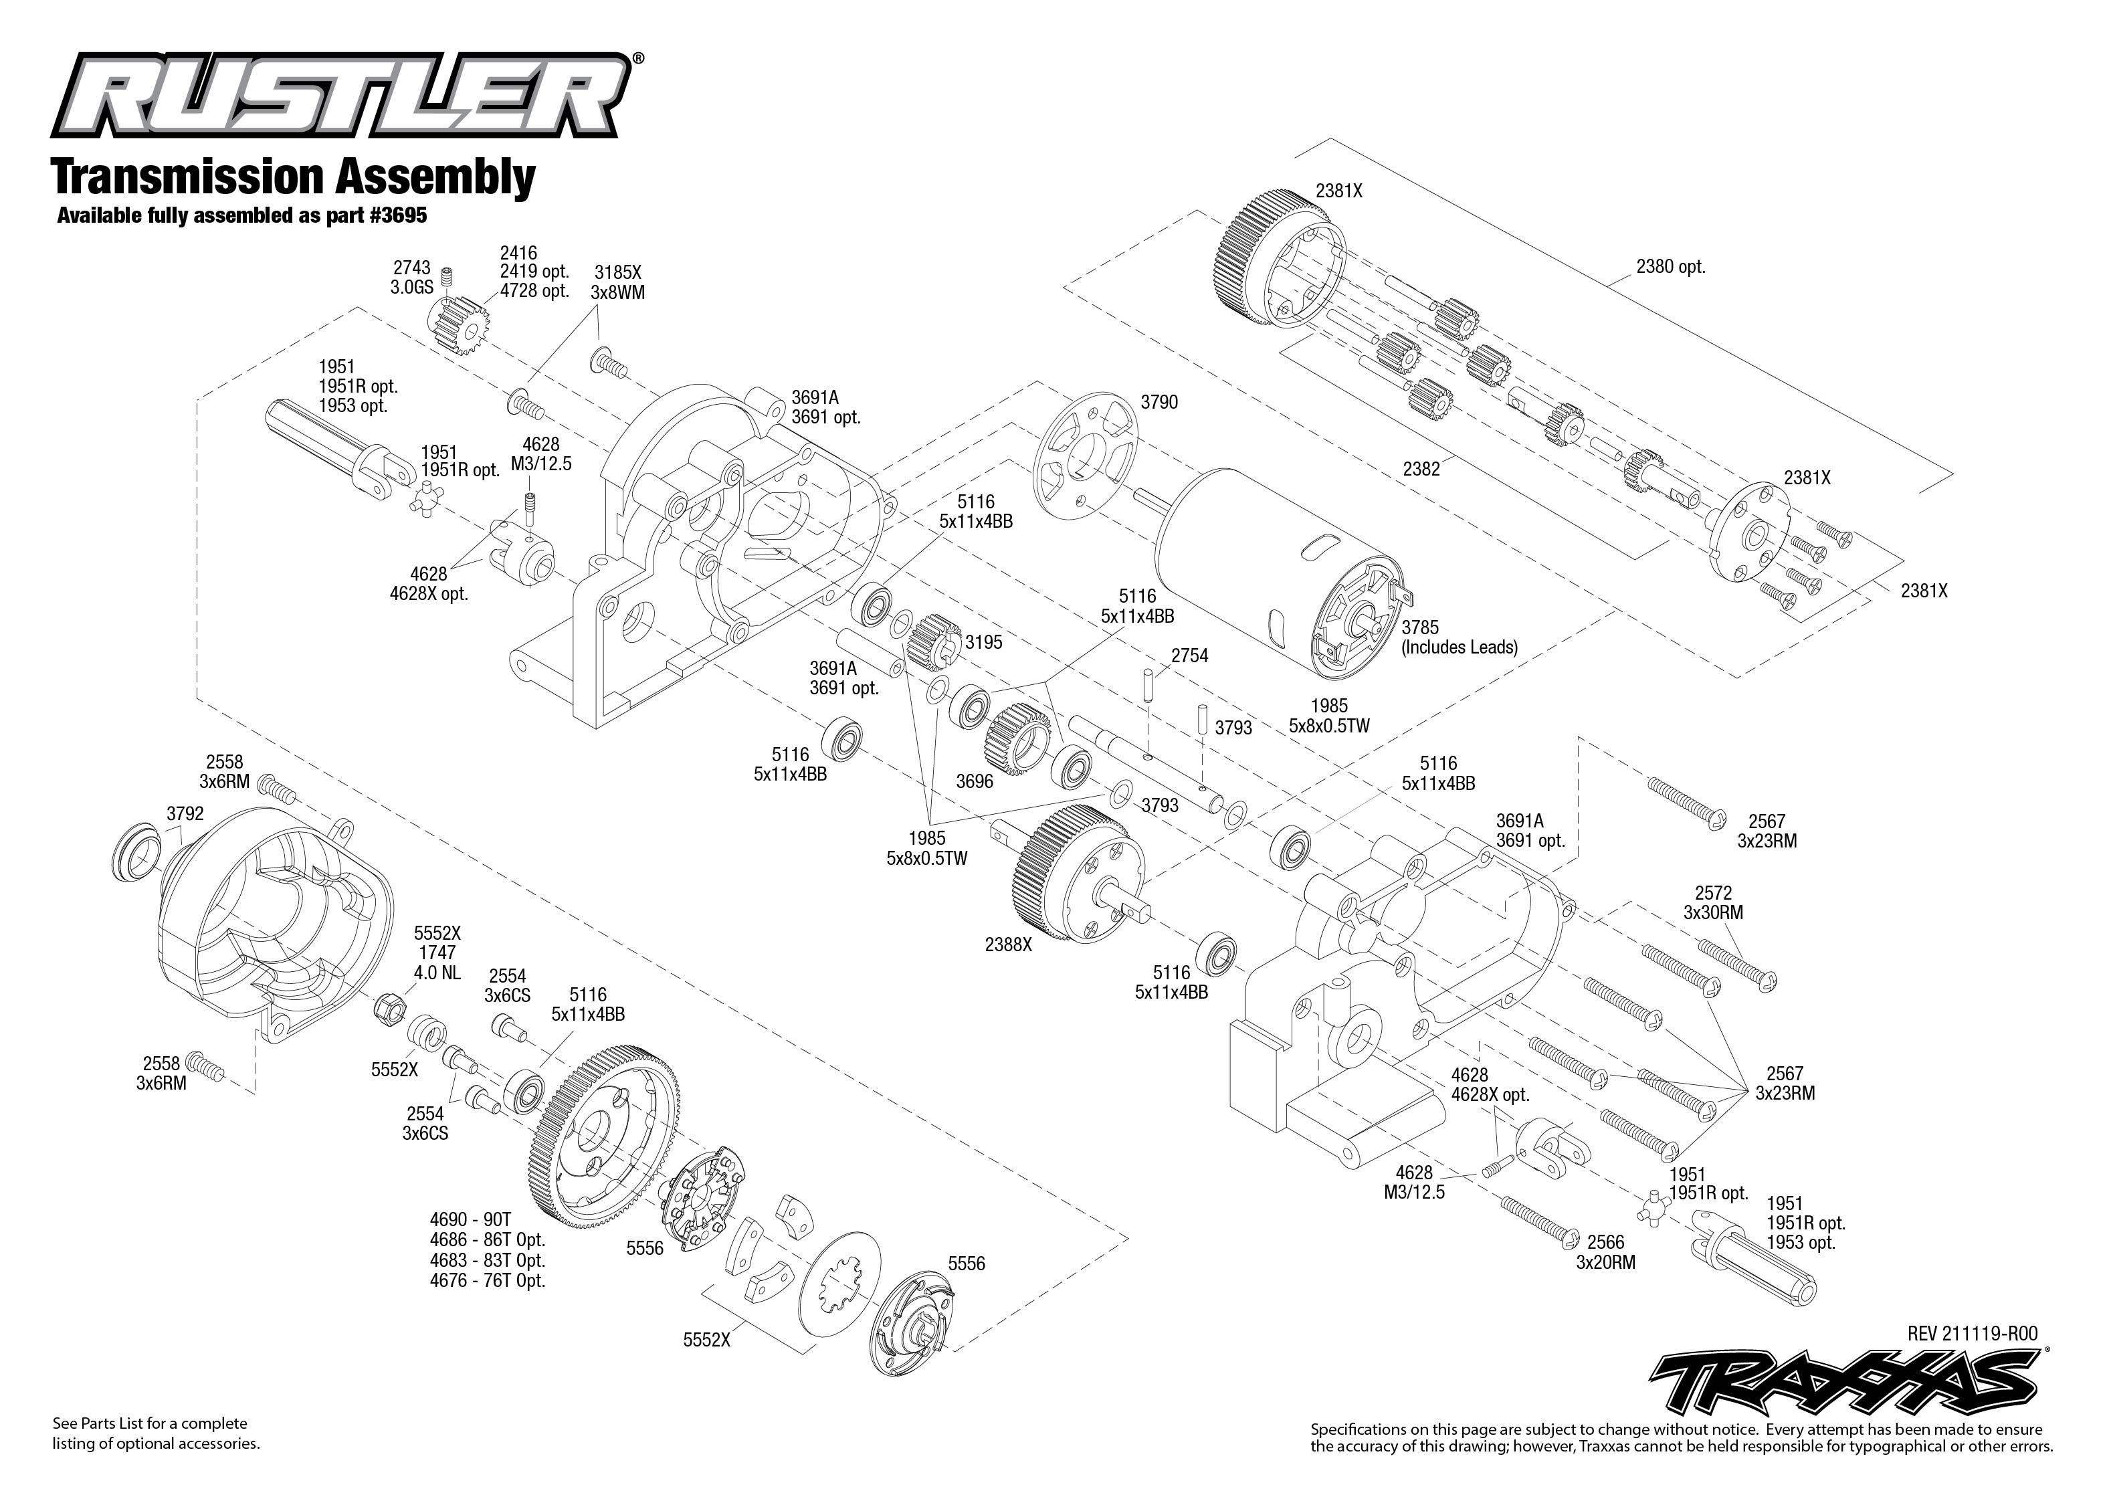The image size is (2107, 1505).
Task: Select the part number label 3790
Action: coord(1159,402)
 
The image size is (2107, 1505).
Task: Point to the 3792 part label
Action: coord(185,813)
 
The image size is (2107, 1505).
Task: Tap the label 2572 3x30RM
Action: coord(1712,902)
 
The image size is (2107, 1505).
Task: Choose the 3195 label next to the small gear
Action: coord(983,642)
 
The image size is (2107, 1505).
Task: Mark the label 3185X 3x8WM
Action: coord(617,282)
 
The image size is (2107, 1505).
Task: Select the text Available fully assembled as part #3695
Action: coord(242,216)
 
